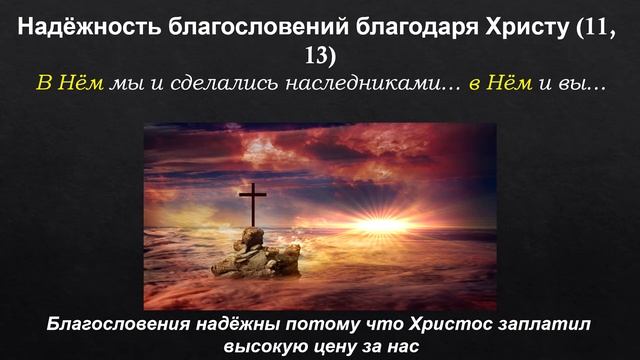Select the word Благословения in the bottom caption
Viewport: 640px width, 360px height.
pos(111,326)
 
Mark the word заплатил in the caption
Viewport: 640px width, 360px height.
pos(495,326)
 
